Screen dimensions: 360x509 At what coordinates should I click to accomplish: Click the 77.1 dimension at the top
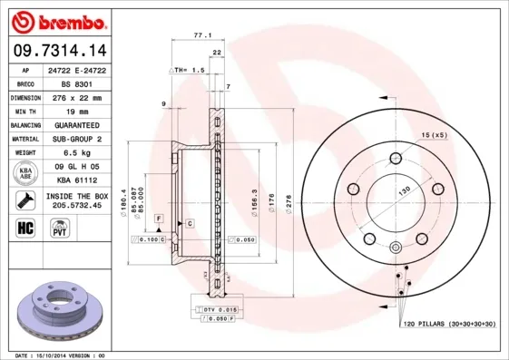click(202, 35)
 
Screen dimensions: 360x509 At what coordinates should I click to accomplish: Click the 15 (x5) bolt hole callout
click(434, 135)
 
